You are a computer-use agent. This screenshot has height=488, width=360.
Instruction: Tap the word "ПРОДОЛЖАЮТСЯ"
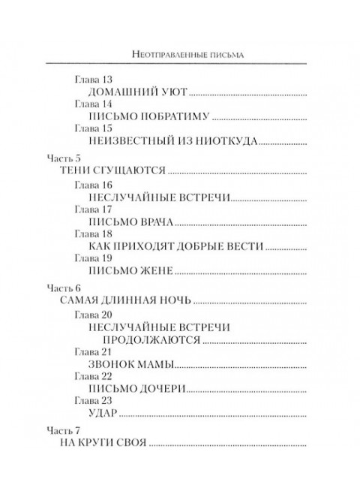[x=144, y=339]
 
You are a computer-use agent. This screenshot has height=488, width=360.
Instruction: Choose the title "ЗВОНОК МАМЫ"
[x=130, y=365]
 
